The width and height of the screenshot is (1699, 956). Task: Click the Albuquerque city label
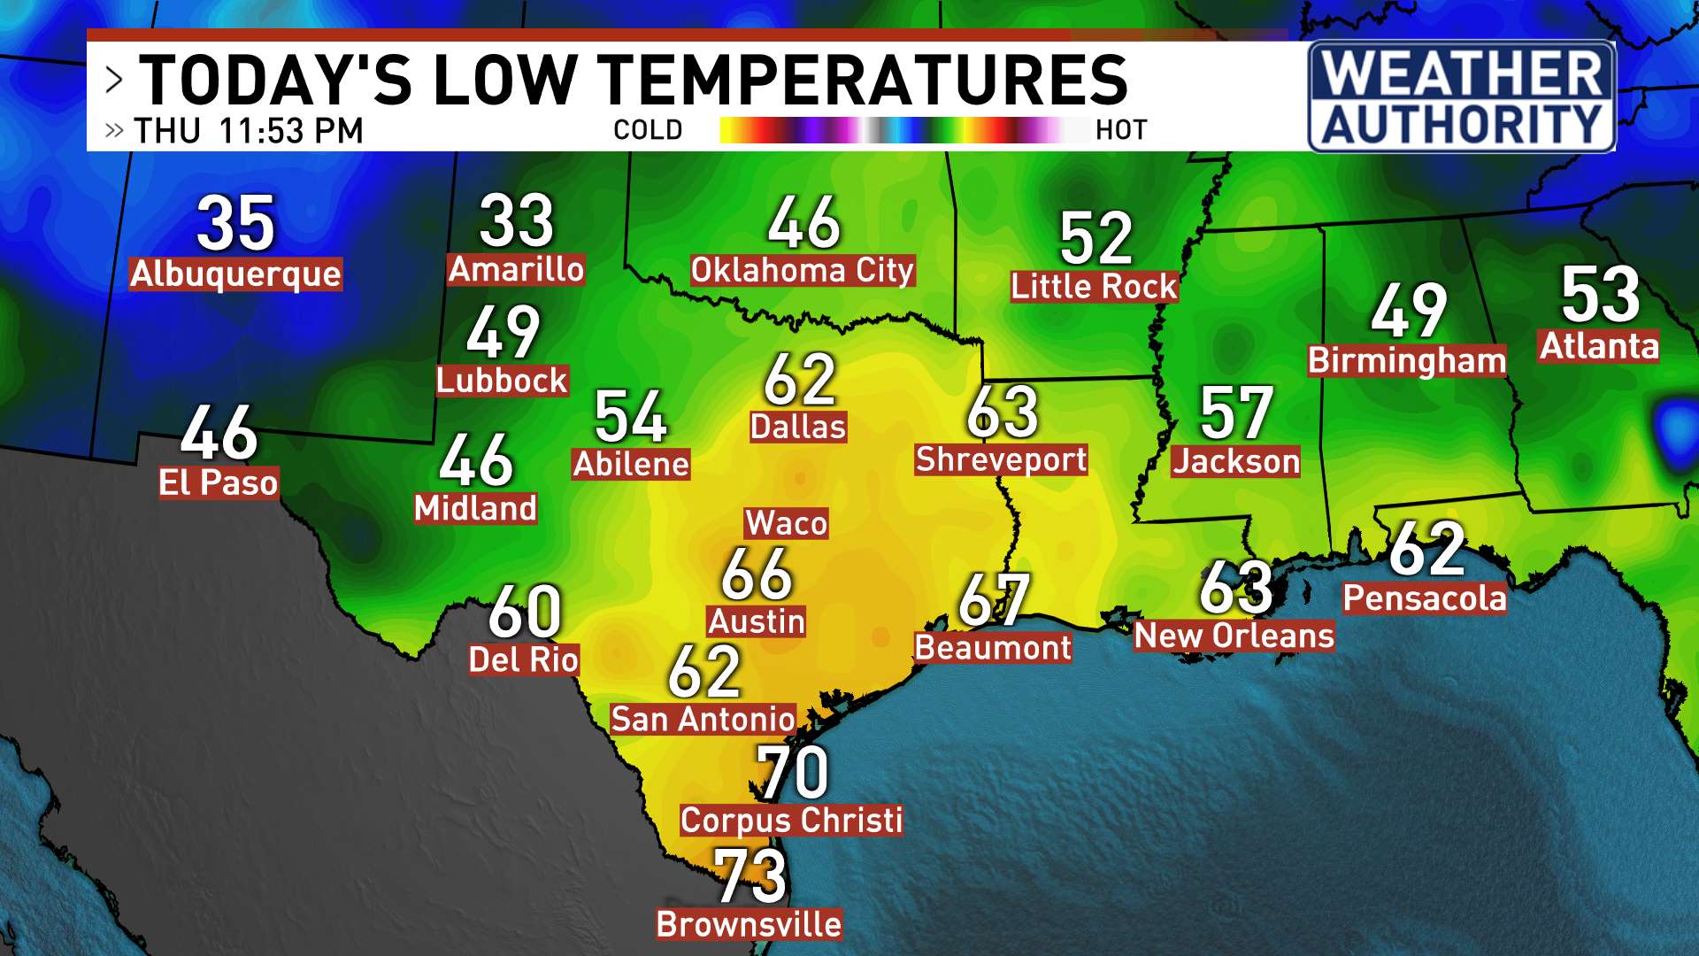click(235, 274)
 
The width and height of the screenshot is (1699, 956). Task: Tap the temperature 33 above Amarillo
click(517, 221)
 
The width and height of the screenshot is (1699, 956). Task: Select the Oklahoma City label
click(802, 270)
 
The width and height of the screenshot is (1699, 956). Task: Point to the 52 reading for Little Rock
click(1096, 238)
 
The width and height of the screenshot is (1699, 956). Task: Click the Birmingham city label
click(1407, 360)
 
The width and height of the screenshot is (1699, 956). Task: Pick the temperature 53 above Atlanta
click(1600, 295)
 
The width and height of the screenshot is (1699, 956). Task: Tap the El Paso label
click(219, 483)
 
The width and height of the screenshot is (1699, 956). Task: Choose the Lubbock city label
click(502, 381)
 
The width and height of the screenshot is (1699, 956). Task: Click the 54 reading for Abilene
click(630, 417)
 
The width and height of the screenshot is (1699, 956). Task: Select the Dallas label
click(798, 427)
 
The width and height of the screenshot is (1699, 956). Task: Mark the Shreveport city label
click(1001, 459)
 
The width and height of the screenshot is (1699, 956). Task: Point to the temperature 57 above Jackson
click(1235, 413)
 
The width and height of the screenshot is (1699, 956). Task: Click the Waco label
click(787, 523)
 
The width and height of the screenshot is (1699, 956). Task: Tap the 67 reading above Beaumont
click(994, 600)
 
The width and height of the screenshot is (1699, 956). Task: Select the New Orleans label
click(1234, 636)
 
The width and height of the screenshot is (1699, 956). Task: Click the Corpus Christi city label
click(791, 821)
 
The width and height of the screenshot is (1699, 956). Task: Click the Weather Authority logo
click(1462, 97)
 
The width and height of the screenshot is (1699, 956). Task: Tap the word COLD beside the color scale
click(648, 130)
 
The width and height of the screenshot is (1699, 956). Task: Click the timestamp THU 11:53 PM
click(249, 131)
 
